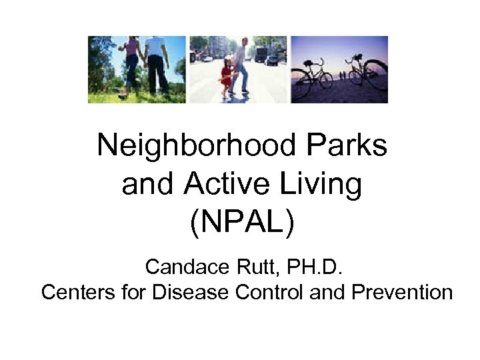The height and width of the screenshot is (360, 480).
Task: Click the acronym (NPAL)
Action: (x=241, y=224)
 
